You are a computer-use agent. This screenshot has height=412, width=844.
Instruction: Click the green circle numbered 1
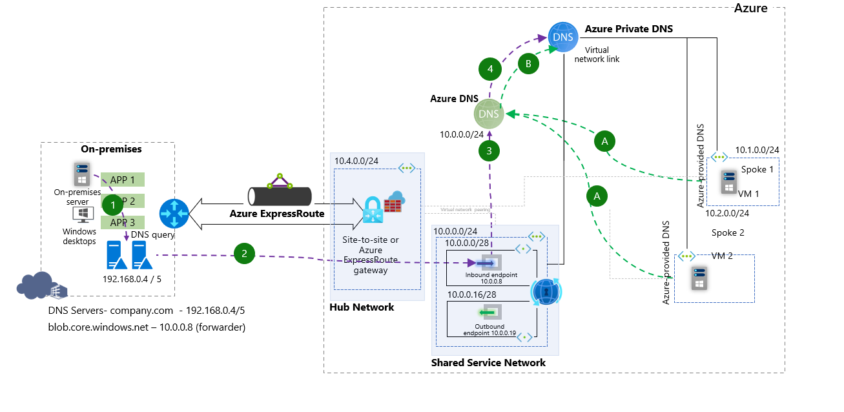113,205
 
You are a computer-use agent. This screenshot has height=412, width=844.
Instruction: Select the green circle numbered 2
244,254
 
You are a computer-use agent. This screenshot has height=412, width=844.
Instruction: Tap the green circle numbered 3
489,151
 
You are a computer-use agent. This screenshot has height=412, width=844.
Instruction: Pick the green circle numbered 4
490,69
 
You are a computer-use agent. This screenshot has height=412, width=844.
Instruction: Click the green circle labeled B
529,64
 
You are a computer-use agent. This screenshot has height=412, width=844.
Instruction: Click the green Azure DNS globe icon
488,114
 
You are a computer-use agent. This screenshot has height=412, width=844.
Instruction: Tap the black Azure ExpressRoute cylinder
280,194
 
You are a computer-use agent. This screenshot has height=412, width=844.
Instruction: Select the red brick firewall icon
393,201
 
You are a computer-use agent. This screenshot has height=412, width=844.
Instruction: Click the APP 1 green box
123,180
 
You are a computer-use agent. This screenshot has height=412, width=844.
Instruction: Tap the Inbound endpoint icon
482,263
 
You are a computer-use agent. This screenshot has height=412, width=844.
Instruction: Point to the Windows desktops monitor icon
83,214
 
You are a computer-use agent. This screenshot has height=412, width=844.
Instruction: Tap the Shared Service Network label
488,363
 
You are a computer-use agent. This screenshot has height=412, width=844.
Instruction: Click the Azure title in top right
750,8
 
